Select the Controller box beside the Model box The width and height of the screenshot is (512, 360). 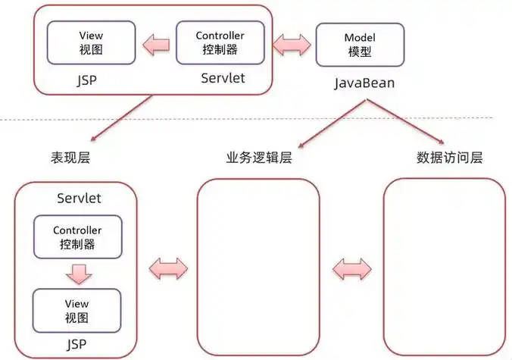click(220, 42)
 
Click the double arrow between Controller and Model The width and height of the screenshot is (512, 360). click(291, 44)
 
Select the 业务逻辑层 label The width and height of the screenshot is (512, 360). click(259, 158)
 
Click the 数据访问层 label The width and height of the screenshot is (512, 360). click(449, 158)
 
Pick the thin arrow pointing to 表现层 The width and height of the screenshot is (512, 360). click(120, 118)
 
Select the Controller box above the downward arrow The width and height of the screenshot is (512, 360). click(76, 237)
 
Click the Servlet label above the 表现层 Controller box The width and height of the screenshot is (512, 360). click(80, 199)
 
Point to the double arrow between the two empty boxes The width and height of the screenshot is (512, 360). click(351, 267)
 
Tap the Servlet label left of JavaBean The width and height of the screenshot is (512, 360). click(223, 78)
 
